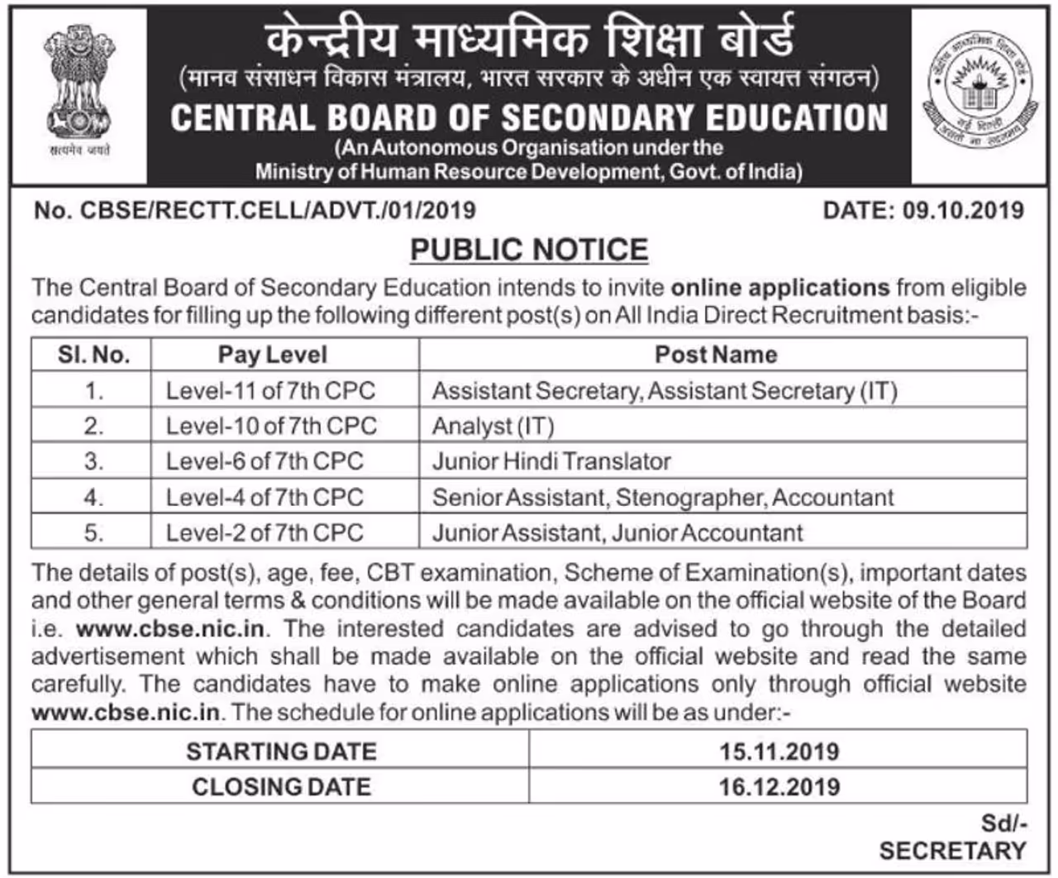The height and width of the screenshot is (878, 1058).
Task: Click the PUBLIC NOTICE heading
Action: pyautogui.click(x=529, y=250)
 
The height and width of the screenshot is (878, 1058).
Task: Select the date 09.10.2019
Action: pyautogui.click(x=963, y=210)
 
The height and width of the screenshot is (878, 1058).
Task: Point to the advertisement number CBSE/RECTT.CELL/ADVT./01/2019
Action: pyautogui.click(x=278, y=210)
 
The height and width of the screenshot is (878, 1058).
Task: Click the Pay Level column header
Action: pyautogui.click(x=273, y=355)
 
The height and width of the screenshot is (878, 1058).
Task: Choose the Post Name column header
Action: pyautogui.click(x=716, y=355)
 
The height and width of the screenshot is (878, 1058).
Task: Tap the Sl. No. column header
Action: pyautogui.click(x=93, y=355)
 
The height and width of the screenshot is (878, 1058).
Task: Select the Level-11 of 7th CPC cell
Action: pyautogui.click(x=270, y=390)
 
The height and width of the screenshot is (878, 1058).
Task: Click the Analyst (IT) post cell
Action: pyautogui.click(x=493, y=426)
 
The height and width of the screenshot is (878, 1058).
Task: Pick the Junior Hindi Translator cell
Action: pyautogui.click(x=551, y=461)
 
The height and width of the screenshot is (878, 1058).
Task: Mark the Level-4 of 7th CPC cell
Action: pyautogui.click(x=264, y=497)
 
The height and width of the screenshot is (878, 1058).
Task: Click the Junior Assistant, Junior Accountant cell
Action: pyautogui.click(x=617, y=532)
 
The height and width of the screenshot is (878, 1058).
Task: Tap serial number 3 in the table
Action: pyautogui.click(x=93, y=461)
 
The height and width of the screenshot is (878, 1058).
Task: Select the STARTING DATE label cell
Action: pyautogui.click(x=281, y=751)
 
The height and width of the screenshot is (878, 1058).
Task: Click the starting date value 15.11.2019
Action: pyautogui.click(x=779, y=751)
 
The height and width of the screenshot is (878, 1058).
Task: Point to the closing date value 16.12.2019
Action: pyautogui.click(x=779, y=785)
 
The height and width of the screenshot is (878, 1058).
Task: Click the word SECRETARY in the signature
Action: pyautogui.click(x=952, y=850)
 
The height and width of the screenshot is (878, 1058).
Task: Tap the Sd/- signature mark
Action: pyautogui.click(x=1003, y=823)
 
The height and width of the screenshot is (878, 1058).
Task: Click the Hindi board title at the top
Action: pyautogui.click(x=529, y=39)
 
